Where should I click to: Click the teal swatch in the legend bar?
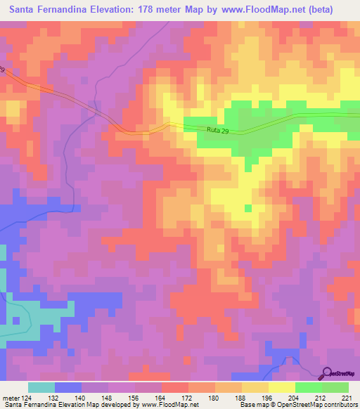click(41, 387)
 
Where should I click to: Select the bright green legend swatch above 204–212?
click(309, 387)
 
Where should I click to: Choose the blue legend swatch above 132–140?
click(68, 387)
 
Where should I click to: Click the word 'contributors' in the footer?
click(340, 405)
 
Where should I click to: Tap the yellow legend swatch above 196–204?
click(282, 387)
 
